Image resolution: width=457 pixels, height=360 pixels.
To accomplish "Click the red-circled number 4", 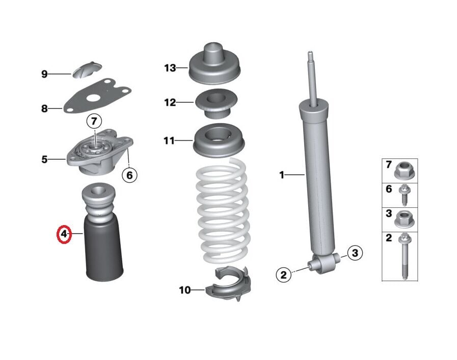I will [x=64, y=234].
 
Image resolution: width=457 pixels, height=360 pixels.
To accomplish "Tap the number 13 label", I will [x=170, y=68].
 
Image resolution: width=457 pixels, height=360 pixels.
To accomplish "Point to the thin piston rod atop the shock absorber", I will [x=311, y=76].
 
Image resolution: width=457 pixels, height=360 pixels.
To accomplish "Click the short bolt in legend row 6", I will [x=405, y=195].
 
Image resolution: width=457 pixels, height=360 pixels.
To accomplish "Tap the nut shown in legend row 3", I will [x=405, y=219].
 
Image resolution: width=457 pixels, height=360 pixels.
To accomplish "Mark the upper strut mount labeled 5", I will [x=100, y=153].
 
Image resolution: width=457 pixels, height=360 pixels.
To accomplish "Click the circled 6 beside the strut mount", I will [x=129, y=175].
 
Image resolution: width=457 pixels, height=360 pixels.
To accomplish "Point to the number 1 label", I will [x=281, y=175].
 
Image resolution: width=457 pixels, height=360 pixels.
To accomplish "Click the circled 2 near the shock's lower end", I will [x=284, y=275].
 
